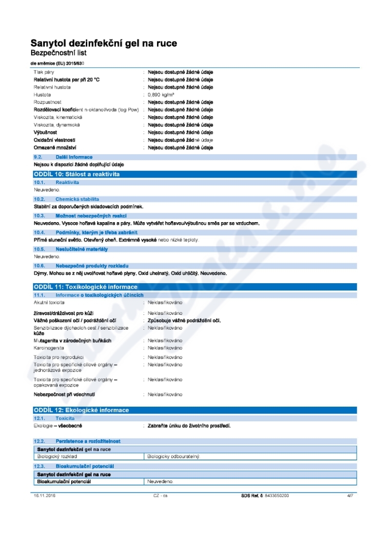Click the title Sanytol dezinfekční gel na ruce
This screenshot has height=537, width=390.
(x=103, y=43)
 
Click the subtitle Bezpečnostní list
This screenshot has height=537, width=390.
(x=58, y=53)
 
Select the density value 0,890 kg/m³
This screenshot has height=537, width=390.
(x=161, y=94)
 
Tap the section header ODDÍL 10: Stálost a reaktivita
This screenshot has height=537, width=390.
(x=76, y=174)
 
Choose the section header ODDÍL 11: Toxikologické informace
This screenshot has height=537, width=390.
(x=85, y=287)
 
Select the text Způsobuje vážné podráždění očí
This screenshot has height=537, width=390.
(x=184, y=320)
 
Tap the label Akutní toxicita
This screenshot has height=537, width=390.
(x=49, y=303)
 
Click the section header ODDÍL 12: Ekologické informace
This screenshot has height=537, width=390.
(x=81, y=410)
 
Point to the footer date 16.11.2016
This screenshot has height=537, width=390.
(x=43, y=496)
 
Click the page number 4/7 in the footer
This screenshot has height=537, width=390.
(x=350, y=496)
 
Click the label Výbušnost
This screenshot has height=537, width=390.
(x=45, y=132)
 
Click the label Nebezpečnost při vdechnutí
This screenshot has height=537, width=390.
(x=64, y=394)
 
